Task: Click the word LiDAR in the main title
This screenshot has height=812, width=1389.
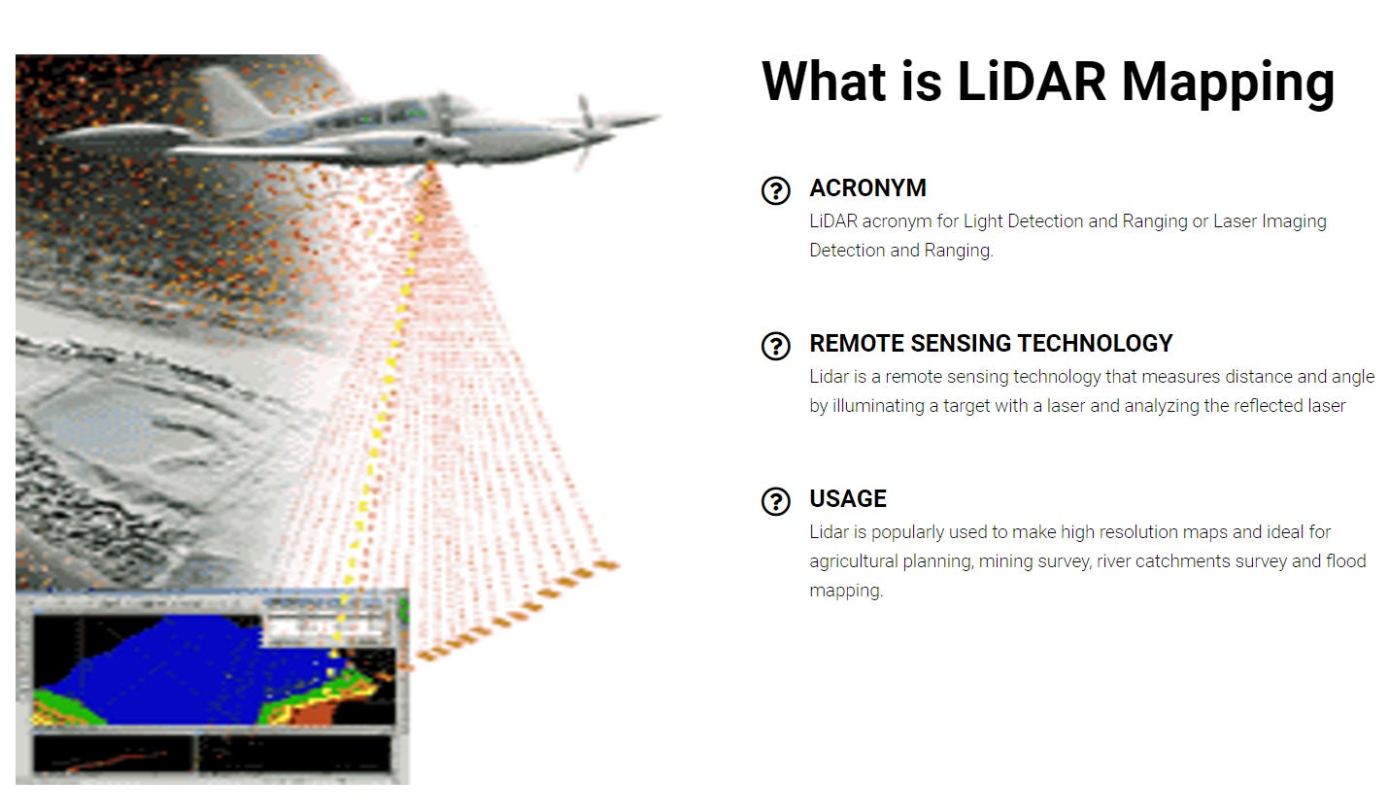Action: coord(1031,81)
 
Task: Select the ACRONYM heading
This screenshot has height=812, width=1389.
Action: coord(867,187)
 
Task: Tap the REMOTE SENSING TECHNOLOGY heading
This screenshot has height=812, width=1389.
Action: coord(991,343)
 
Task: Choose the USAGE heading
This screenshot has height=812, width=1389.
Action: coord(848,498)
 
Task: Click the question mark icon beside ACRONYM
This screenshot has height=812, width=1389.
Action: coord(775,190)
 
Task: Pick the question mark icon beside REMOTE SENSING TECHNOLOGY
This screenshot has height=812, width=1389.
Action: coord(775,346)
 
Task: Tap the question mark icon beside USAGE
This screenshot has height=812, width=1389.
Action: coord(775,501)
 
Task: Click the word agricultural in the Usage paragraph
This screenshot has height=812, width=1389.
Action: coord(854,561)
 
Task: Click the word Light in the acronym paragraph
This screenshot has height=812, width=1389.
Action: coord(983,221)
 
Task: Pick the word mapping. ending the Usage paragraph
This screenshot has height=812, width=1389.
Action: coord(845,591)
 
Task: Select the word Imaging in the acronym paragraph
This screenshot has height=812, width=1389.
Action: coord(1294,221)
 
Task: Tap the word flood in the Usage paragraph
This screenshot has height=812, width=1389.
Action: coord(1346,561)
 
